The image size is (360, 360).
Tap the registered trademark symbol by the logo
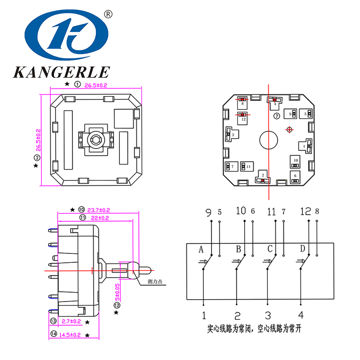click(x=108, y=14)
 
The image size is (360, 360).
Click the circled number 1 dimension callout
click(x=77, y=84)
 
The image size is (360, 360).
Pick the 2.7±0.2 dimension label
click(x=71, y=321)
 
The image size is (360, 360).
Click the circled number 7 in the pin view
click(x=277, y=116)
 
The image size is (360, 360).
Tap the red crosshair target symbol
click(x=289, y=130)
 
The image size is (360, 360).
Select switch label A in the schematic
click(x=202, y=249)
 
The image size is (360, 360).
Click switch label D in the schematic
click(x=302, y=249)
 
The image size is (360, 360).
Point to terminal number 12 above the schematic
click(x=306, y=211)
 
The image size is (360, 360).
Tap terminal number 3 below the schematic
click(x=268, y=315)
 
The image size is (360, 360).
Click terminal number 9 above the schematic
click(x=208, y=211)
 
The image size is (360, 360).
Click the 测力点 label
click(x=155, y=282)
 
